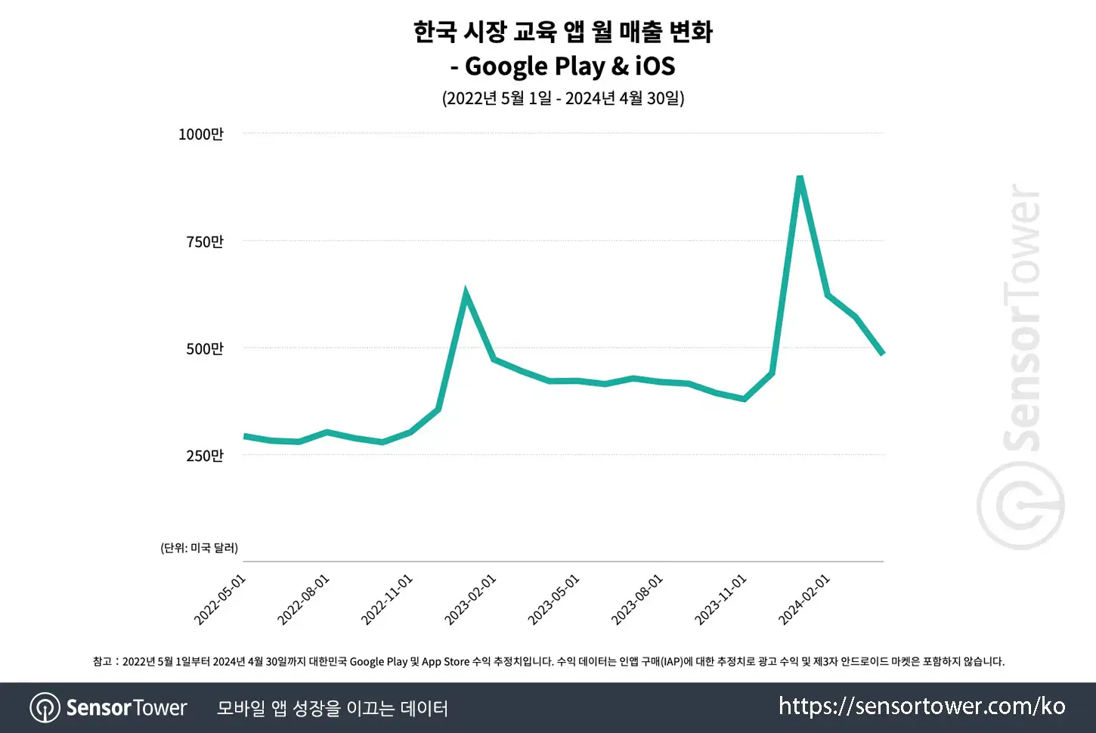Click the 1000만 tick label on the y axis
pyautogui.click(x=200, y=134)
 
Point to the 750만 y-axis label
pyautogui.click(x=205, y=241)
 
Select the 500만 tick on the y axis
pyautogui.click(x=205, y=348)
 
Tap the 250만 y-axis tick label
pyautogui.click(x=205, y=456)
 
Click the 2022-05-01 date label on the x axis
pyautogui.click(x=220, y=600)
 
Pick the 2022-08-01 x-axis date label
pyautogui.click(x=303, y=600)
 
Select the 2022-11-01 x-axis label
pyautogui.click(x=386, y=600)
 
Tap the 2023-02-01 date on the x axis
pyautogui.click(x=470, y=600)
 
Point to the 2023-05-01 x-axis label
pyautogui.click(x=553, y=600)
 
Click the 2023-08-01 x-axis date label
pyautogui.click(x=637, y=600)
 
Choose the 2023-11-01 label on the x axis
pyautogui.click(x=721, y=600)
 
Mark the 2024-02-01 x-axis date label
pyautogui.click(x=804, y=600)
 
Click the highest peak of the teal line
pyautogui.click(x=800, y=177)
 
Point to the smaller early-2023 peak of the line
pyautogui.click(x=466, y=292)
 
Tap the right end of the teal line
pyautogui.click(x=883, y=353)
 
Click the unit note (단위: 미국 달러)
pyautogui.click(x=199, y=548)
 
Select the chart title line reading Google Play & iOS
pyautogui.click(x=562, y=66)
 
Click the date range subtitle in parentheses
pyautogui.click(x=563, y=98)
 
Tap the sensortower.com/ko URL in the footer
pyautogui.click(x=922, y=706)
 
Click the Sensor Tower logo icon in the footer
pyautogui.click(x=45, y=707)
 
